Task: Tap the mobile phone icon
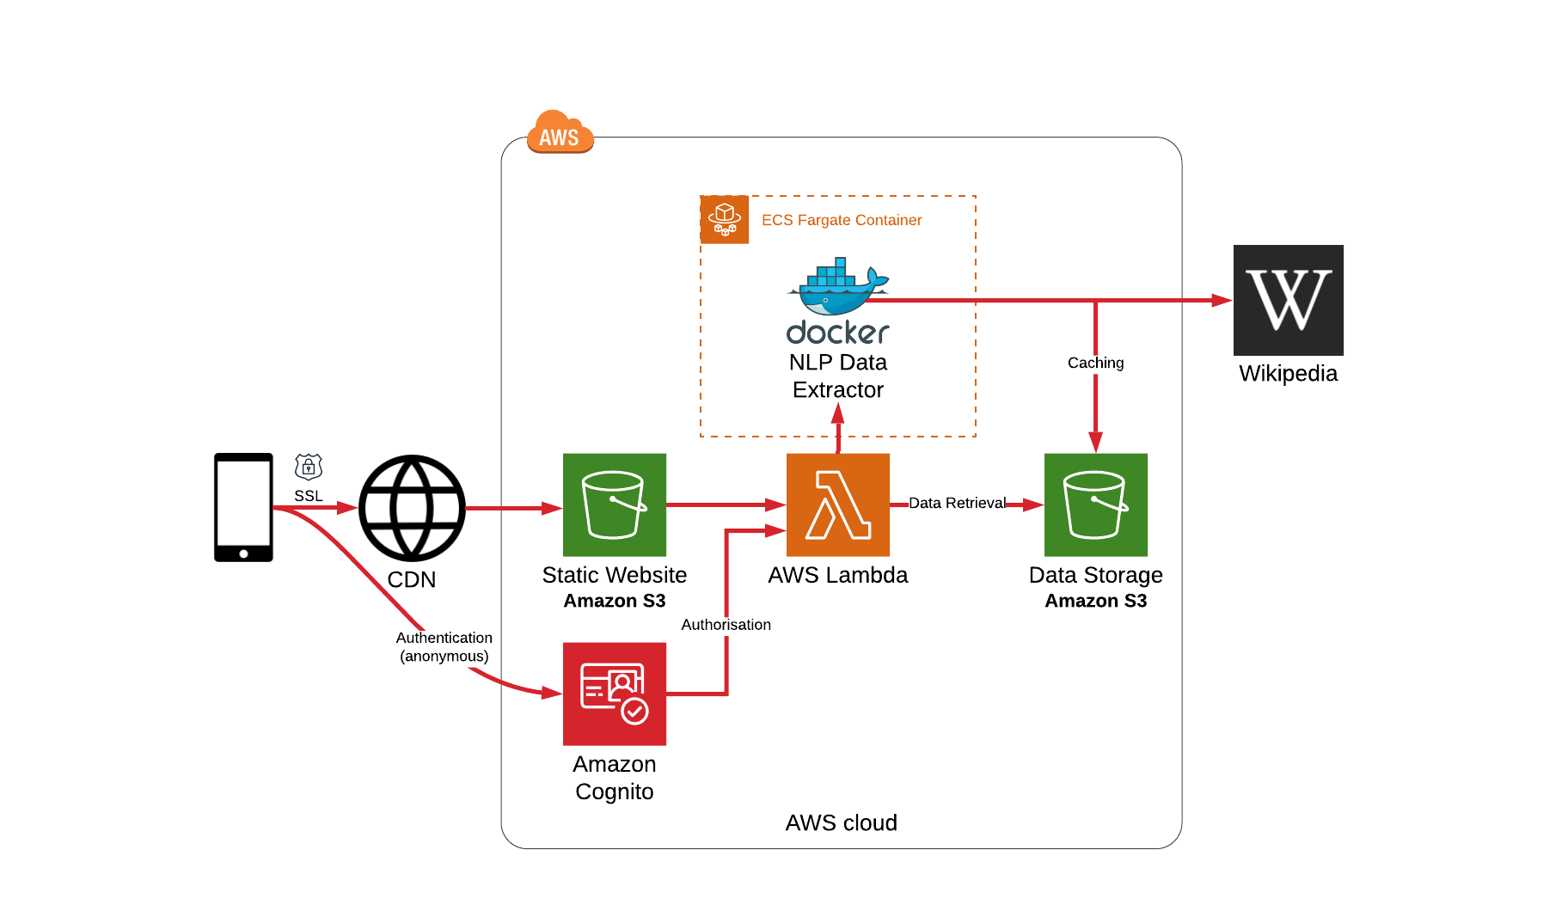pyautogui.click(x=243, y=507)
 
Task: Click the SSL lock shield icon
pyautogui.click(x=309, y=467)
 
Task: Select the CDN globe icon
pyautogui.click(x=412, y=508)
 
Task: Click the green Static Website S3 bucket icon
pyautogui.click(x=614, y=504)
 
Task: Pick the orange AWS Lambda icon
pyautogui.click(x=837, y=504)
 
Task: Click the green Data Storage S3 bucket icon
pyautogui.click(x=1095, y=504)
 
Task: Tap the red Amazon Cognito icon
pyautogui.click(x=614, y=694)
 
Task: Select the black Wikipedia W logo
pyautogui.click(x=1288, y=300)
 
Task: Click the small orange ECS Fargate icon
pyautogui.click(x=725, y=220)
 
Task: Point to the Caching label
pyautogui.click(x=1095, y=363)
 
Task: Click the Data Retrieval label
pyautogui.click(x=957, y=503)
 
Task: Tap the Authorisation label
pyautogui.click(x=726, y=625)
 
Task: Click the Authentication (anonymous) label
pyautogui.click(x=444, y=646)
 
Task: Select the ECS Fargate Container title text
pyautogui.click(x=841, y=220)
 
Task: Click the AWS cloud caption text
pyautogui.click(x=841, y=822)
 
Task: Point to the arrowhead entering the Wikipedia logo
pyautogui.click(x=1222, y=301)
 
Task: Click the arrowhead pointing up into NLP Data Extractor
pyautogui.click(x=837, y=413)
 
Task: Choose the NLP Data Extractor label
pyautogui.click(x=837, y=376)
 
